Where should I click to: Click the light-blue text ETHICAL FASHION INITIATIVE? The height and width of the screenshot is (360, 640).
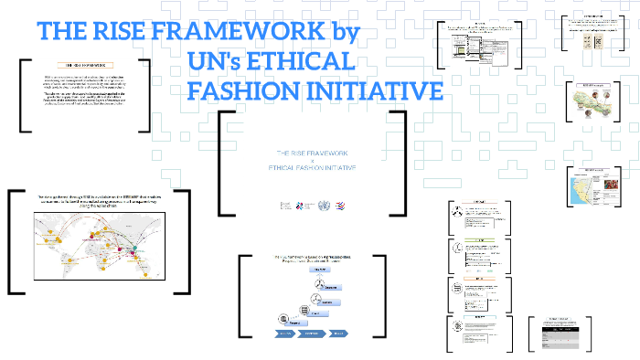point(312,170)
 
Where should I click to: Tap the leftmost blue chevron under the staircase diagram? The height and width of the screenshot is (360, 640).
point(277,334)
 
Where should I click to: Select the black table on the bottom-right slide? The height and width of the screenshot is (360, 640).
point(558,338)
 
